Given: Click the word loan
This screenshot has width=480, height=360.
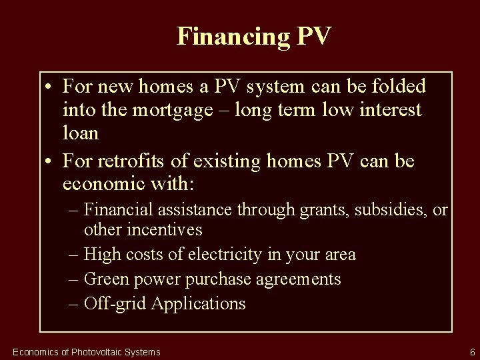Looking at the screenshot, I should pos(81,133).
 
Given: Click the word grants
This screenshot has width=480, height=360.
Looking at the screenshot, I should pos(317,211).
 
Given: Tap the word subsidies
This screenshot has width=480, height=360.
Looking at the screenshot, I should pos(389,211).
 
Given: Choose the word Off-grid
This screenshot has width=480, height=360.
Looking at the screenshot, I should pos(115,303).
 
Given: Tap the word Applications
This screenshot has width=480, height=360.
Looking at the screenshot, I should pos(199,303).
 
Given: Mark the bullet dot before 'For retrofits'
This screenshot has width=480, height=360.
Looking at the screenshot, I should pos(50,161).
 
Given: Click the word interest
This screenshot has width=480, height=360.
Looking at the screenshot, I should pos(385,110).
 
